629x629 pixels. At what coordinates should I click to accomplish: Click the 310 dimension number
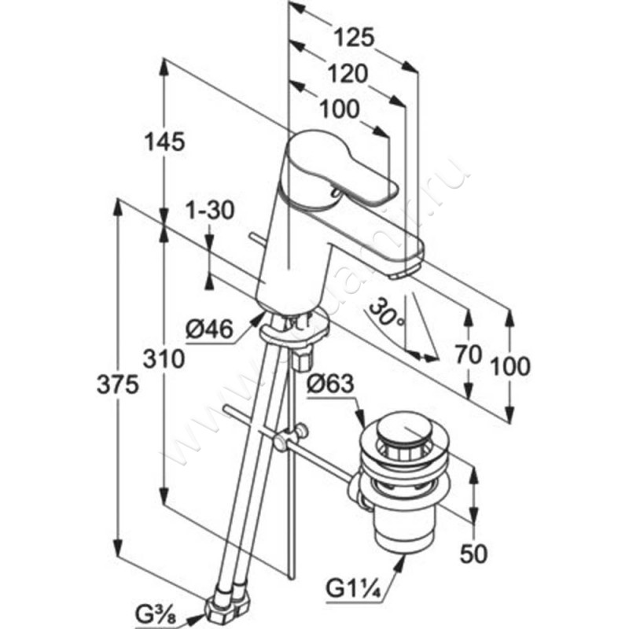pyautogui.click(x=164, y=360)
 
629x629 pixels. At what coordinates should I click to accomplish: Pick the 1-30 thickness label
pyautogui.click(x=210, y=212)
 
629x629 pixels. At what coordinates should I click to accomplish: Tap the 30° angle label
pyautogui.click(x=388, y=312)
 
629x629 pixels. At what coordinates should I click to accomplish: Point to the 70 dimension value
pyautogui.click(x=469, y=355)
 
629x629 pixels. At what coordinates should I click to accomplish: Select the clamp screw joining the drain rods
pyautogui.click(x=298, y=432)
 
